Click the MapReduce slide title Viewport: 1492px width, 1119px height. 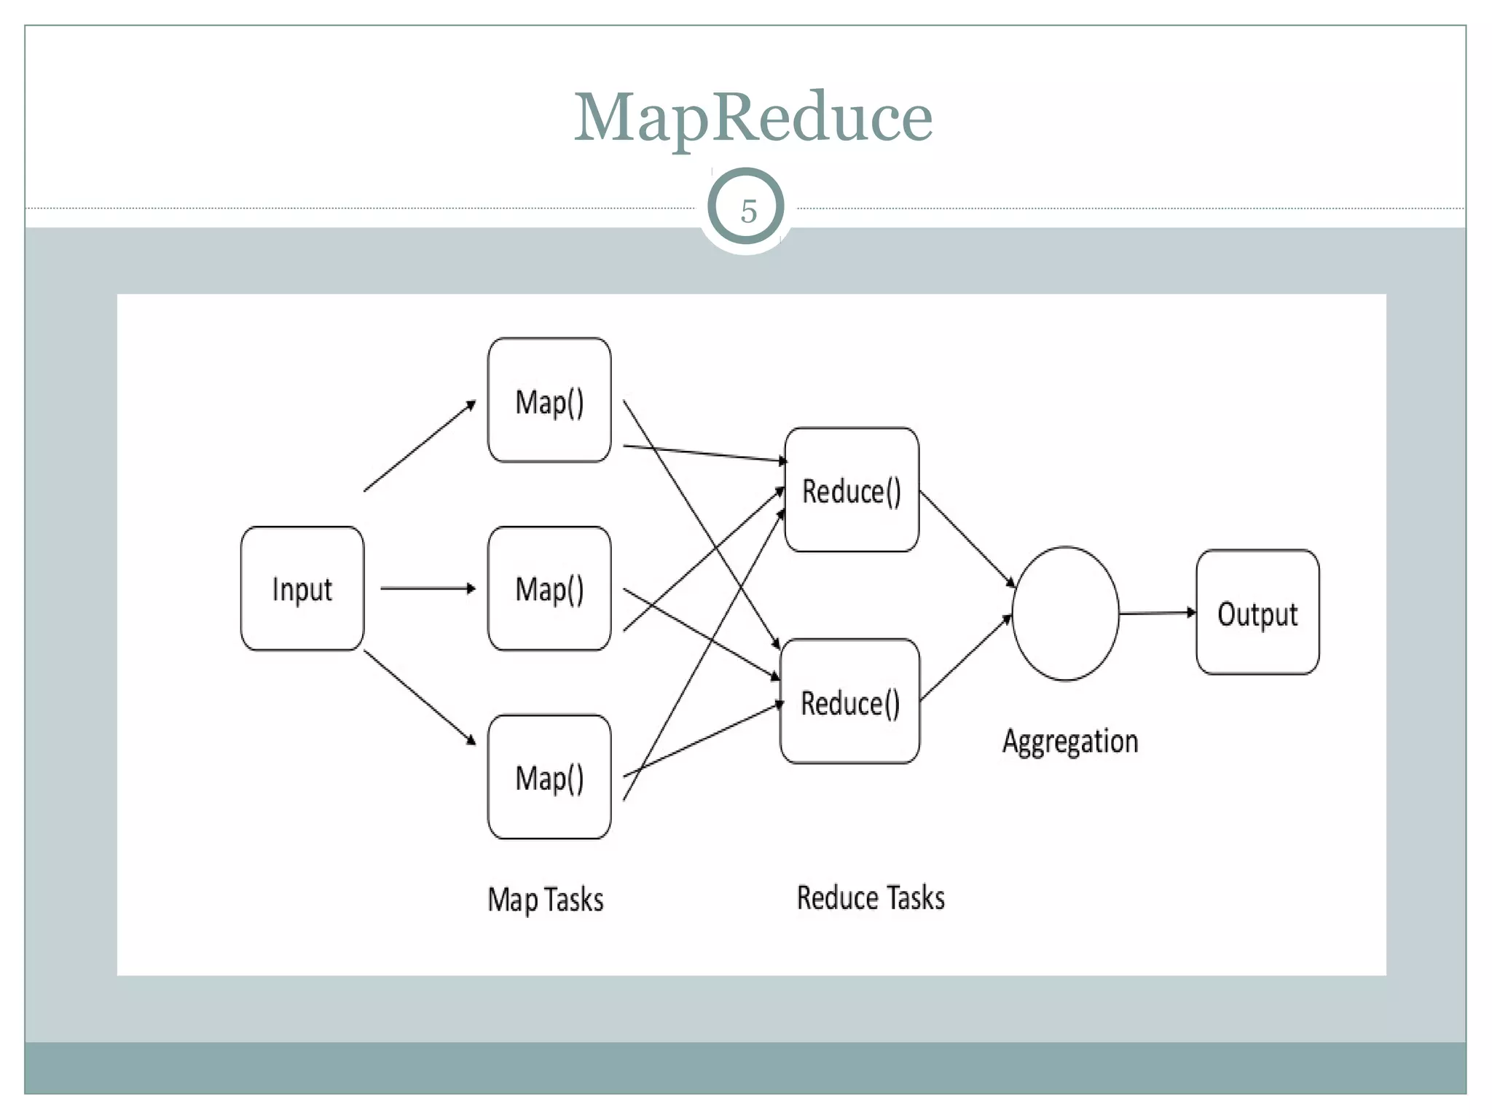753,118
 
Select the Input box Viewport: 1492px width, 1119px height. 302,589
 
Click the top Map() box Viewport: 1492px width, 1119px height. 549,401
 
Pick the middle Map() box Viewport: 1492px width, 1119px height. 549,589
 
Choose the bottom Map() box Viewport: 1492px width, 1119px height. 549,777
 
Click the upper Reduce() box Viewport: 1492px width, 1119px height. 851,490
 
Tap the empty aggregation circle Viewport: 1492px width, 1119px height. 1065,613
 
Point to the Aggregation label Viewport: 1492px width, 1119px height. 1069,742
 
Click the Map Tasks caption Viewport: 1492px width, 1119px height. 546,900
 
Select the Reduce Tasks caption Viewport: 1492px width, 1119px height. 871,898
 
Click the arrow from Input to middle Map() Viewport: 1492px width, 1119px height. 428,588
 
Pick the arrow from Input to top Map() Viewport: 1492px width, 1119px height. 420,446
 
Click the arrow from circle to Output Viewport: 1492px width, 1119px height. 1157,613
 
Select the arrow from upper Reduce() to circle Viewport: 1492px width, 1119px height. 967,539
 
